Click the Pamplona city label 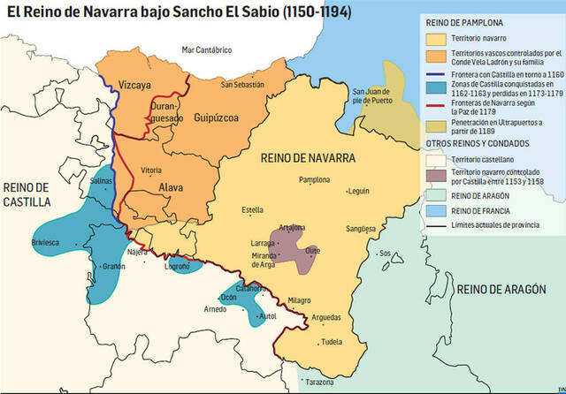point(315,179)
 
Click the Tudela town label point(332,342)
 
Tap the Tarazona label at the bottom point(318,382)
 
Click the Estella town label point(253,210)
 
